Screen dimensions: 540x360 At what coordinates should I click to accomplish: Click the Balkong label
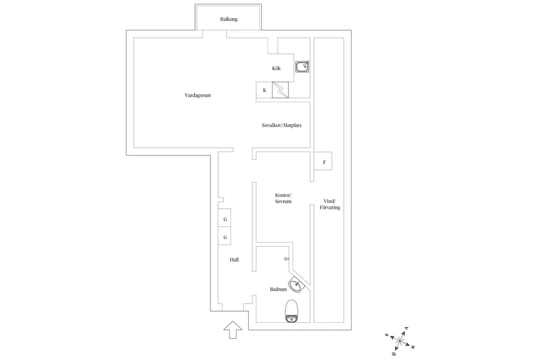tap(229, 19)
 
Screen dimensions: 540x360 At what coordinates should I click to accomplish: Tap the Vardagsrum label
tap(198, 95)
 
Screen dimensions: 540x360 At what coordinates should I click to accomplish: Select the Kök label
tap(276, 68)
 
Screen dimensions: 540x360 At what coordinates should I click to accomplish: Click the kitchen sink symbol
tap(302, 66)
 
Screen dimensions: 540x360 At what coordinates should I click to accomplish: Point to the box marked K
tap(264, 90)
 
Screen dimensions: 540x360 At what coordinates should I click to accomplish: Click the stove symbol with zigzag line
tap(281, 90)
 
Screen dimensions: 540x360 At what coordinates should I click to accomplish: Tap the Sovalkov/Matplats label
tap(282, 125)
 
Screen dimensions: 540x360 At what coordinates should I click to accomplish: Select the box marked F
tap(323, 161)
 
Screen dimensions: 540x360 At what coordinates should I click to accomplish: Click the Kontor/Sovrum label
tap(283, 198)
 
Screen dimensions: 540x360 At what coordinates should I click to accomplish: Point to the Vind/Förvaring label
tap(330, 204)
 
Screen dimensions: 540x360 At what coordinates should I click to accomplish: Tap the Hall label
tap(234, 260)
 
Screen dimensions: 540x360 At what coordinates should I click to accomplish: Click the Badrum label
tap(278, 289)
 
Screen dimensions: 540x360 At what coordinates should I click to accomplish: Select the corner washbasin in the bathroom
tap(297, 284)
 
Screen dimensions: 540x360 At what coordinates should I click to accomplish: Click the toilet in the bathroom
tap(292, 311)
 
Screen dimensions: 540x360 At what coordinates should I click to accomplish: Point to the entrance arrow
tap(233, 330)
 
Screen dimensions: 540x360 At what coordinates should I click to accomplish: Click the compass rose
tap(400, 341)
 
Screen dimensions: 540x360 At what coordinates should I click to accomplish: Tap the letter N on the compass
tap(412, 347)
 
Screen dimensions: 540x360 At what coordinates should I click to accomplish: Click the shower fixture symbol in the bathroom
tap(287, 259)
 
